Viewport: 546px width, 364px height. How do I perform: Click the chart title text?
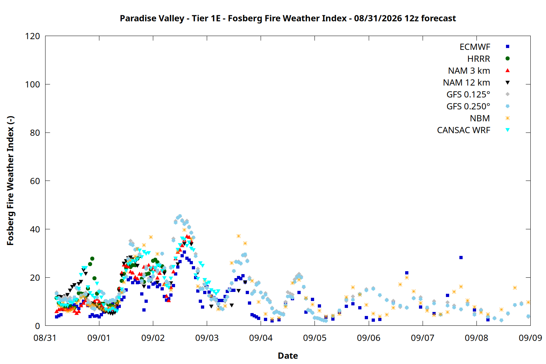click(288, 18)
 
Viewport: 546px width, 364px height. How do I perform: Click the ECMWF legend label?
click(475, 47)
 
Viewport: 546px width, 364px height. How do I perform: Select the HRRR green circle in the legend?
click(507, 59)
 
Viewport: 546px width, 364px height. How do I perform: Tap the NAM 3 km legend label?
click(469, 71)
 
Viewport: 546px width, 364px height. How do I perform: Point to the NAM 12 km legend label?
click(466, 83)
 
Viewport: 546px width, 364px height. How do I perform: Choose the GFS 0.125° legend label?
click(468, 94)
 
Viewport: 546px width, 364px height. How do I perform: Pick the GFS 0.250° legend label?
click(468, 106)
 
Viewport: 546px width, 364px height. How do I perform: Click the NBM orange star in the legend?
click(507, 118)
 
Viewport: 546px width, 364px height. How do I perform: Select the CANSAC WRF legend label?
click(463, 130)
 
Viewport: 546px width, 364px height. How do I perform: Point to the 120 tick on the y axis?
click(32, 36)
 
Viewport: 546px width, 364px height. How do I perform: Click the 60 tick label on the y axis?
click(35, 181)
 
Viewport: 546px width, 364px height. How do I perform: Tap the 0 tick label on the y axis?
click(37, 326)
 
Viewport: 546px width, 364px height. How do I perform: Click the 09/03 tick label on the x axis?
click(207, 338)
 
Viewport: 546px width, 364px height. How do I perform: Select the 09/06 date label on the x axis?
click(368, 338)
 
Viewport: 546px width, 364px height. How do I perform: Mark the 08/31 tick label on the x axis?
click(45, 338)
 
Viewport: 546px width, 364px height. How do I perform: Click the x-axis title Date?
click(288, 356)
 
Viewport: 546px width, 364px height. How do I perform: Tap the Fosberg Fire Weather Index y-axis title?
click(11, 181)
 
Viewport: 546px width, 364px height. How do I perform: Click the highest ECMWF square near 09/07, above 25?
click(461, 257)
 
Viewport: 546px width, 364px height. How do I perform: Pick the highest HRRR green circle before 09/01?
click(92, 259)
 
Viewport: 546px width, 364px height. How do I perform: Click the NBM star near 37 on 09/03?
click(239, 236)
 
